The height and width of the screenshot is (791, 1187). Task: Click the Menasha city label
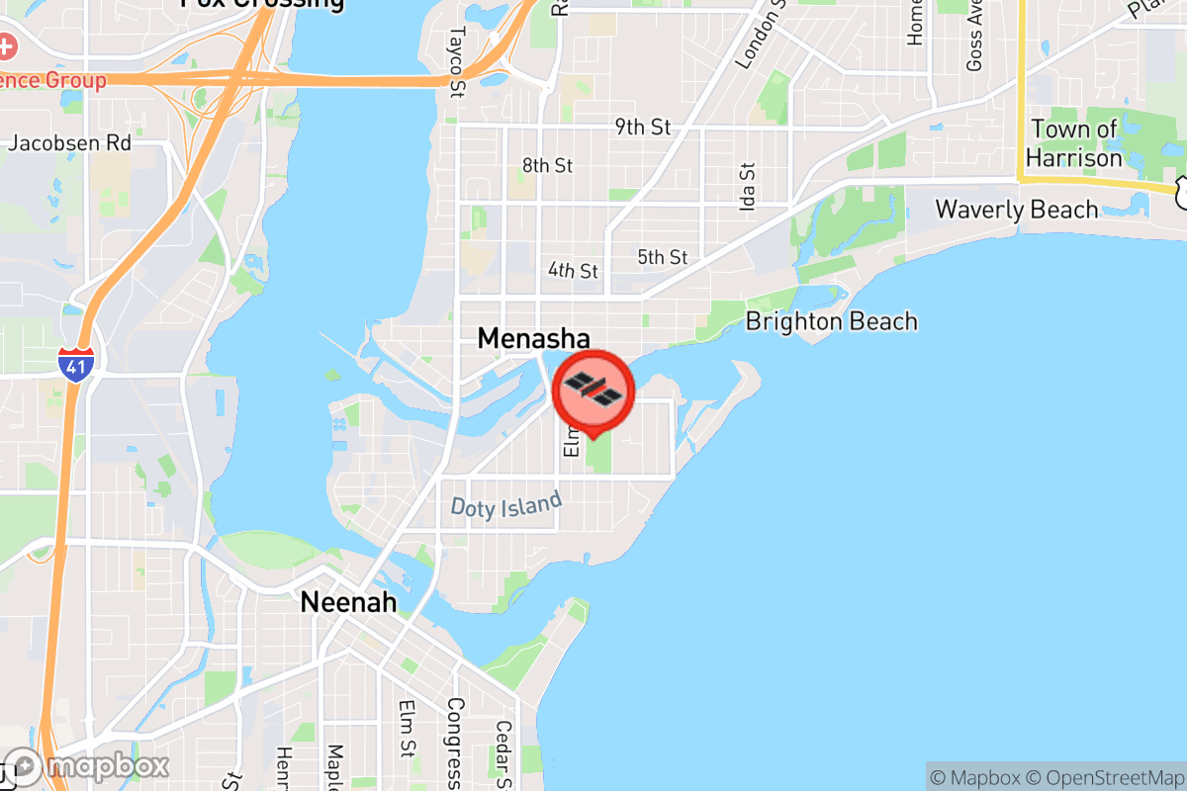click(533, 338)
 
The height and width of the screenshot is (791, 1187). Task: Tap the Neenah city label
click(349, 601)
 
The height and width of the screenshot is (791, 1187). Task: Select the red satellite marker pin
click(593, 393)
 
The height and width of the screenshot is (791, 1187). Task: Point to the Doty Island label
click(505, 504)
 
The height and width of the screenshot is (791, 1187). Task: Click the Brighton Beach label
click(831, 321)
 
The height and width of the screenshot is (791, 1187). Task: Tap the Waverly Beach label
click(1016, 210)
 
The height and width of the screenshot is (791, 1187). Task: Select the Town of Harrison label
click(1073, 143)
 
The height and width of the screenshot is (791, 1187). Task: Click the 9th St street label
click(642, 127)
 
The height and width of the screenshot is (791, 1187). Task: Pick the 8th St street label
click(547, 165)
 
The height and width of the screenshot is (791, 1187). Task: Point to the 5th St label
click(662, 257)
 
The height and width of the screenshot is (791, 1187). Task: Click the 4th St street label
click(574, 270)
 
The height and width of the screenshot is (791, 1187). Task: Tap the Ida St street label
click(747, 186)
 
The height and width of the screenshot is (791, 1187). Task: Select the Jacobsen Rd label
click(69, 143)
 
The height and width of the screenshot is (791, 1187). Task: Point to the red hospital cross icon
click(8, 45)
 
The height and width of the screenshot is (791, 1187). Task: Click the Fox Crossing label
click(262, 3)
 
